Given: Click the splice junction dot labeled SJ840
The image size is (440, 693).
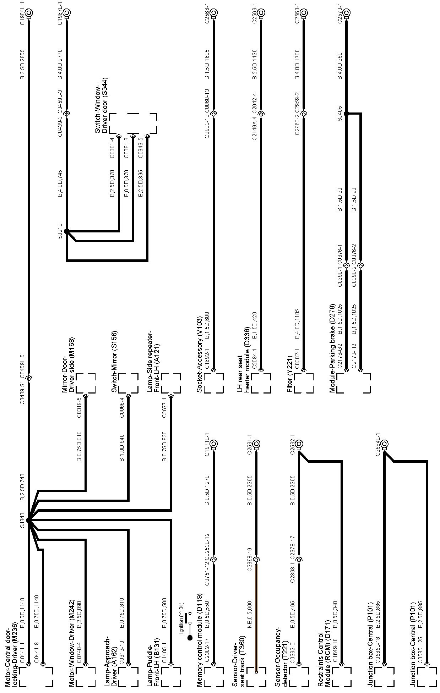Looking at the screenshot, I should click(29, 520).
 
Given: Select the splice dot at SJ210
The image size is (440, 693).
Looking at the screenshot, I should click(66, 231).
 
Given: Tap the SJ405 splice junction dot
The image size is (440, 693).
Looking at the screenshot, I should click(346, 114).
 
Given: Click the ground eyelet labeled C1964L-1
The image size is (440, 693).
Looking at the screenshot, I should click(29, 13).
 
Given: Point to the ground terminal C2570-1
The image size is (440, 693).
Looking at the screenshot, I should click(346, 13).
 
